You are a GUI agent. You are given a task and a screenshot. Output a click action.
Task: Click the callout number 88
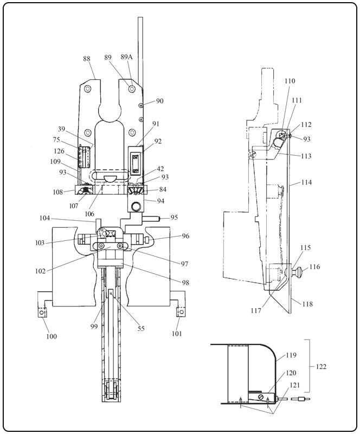click(x=87, y=59)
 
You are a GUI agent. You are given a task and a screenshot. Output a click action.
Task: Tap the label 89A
click(x=126, y=57)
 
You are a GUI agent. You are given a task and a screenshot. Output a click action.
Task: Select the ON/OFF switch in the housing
click(x=136, y=164)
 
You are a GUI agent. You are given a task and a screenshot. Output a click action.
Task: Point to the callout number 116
click(x=314, y=267)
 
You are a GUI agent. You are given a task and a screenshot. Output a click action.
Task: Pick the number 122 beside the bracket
click(x=321, y=367)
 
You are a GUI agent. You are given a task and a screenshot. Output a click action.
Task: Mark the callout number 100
click(x=52, y=336)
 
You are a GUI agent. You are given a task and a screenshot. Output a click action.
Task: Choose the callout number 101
click(x=177, y=334)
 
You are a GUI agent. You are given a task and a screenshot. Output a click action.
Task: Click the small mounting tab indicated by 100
click(x=42, y=312)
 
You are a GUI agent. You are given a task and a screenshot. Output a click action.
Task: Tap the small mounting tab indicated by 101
click(x=181, y=311)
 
